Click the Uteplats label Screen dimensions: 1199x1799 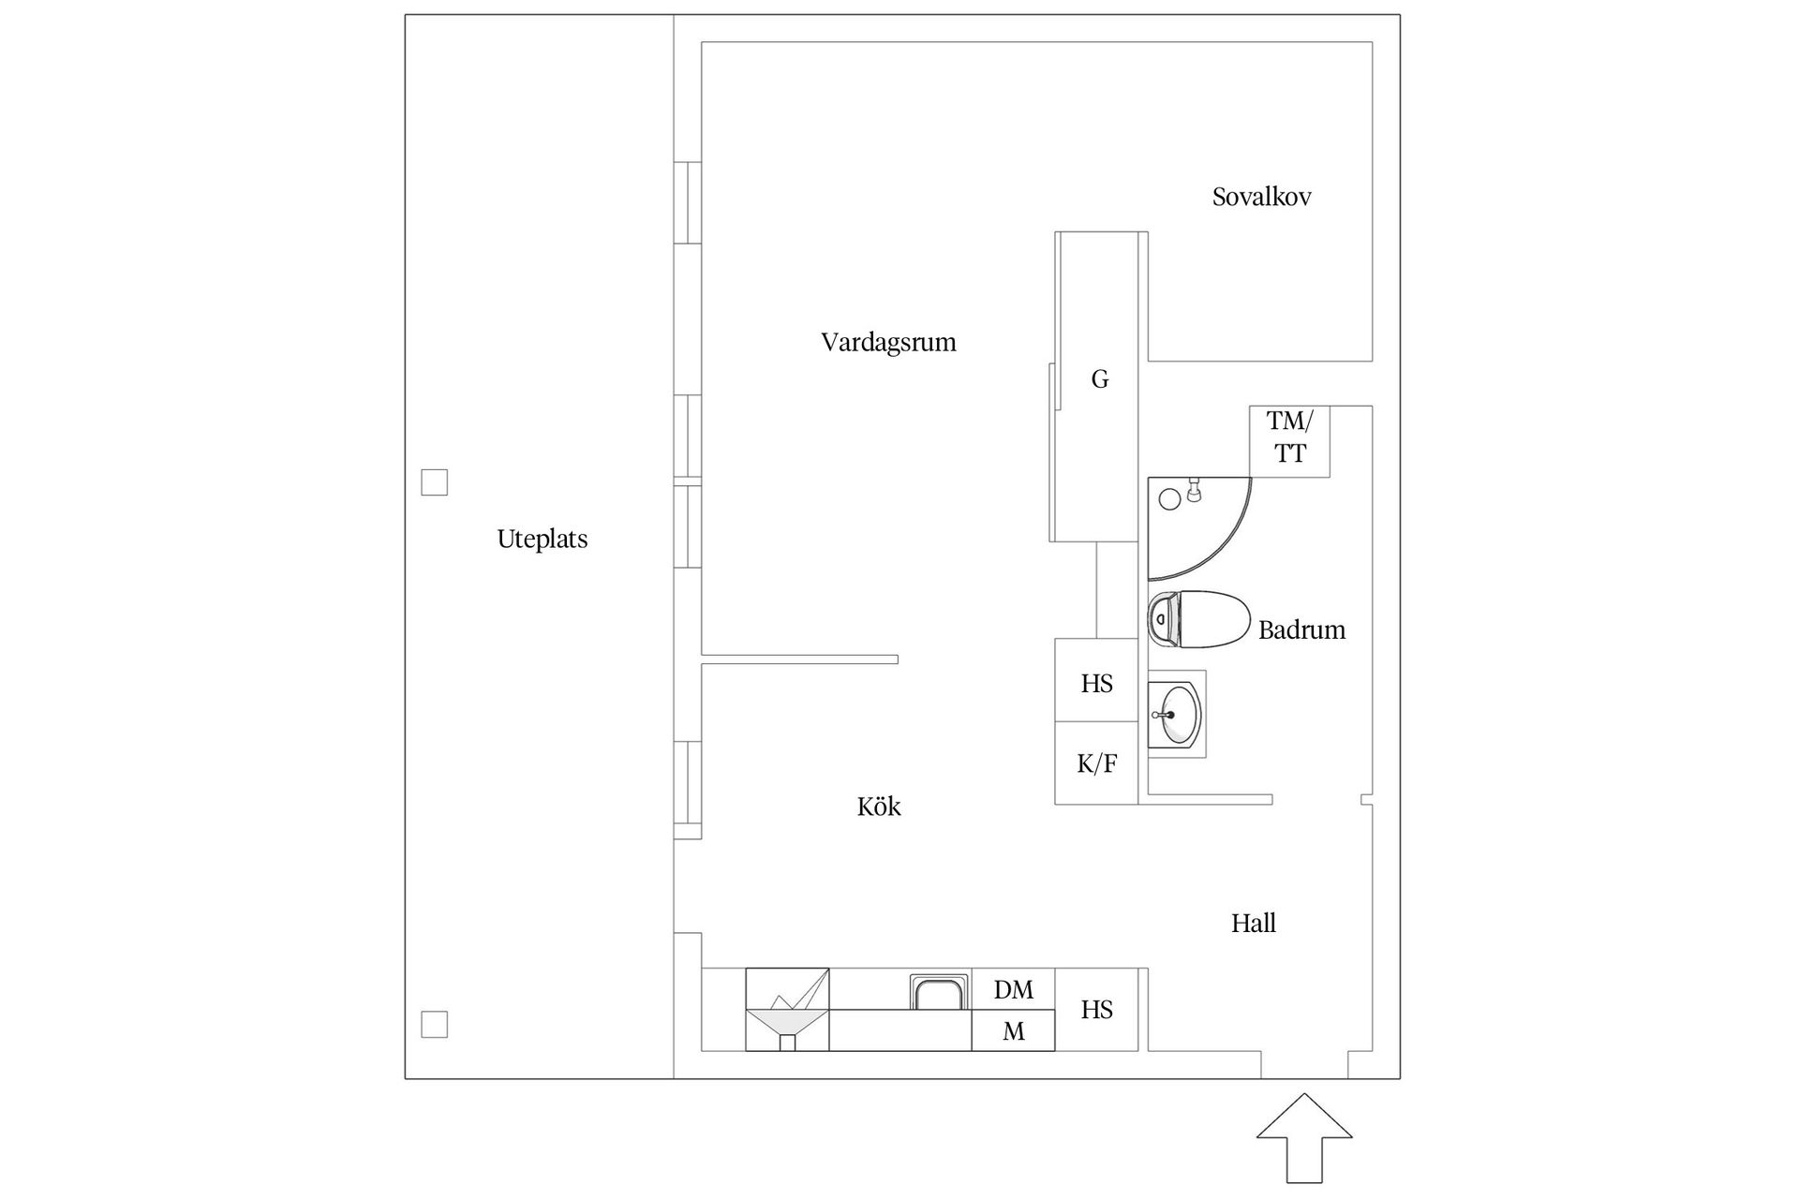pyautogui.click(x=542, y=540)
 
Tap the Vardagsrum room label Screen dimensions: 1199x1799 pyautogui.click(x=888, y=343)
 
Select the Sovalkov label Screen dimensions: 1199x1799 pyautogui.click(x=1261, y=198)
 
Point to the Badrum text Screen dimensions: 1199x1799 pyautogui.click(x=1301, y=630)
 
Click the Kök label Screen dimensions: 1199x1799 pyautogui.click(x=878, y=807)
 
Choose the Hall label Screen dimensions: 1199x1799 pyautogui.click(x=1253, y=924)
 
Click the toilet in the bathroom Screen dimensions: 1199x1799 pyautogui.click(x=1200, y=619)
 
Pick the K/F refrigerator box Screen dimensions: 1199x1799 pyautogui.click(x=1096, y=763)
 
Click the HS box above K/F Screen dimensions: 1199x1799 pyautogui.click(x=1096, y=682)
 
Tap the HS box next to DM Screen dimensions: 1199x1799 pyautogui.click(x=1096, y=1010)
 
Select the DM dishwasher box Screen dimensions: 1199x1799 pyautogui.click(x=1013, y=989)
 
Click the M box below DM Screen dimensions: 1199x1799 pyautogui.click(x=1013, y=1031)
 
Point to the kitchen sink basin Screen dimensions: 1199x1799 pyautogui.click(x=939, y=992)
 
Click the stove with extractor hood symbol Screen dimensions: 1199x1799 pyautogui.click(x=787, y=1010)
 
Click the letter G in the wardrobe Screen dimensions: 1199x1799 pyautogui.click(x=1100, y=379)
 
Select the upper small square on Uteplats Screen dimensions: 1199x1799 pyautogui.click(x=434, y=482)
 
